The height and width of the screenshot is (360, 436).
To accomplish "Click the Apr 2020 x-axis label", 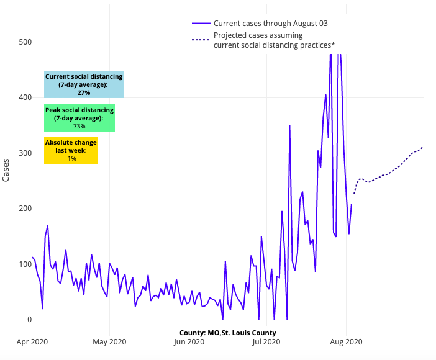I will pyautogui.click(x=32, y=341).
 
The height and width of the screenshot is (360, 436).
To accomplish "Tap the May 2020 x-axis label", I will pyautogui.click(x=109, y=341).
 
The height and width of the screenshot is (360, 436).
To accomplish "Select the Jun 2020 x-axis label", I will pyautogui.click(x=189, y=341).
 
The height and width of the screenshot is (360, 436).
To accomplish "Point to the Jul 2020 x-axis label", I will pyautogui.click(x=266, y=341).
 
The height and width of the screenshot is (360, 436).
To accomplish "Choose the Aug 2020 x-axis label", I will pyautogui.click(x=346, y=341).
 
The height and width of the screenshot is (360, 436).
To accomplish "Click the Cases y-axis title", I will pyautogui.click(x=6, y=168).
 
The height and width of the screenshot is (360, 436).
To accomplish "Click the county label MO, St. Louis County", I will pyautogui.click(x=232, y=333).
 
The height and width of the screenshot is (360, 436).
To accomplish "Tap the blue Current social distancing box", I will pyautogui.click(x=84, y=84).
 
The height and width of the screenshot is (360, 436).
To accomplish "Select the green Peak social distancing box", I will pyautogui.click(x=79, y=118).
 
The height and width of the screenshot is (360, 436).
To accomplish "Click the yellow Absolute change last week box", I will pyautogui.click(x=71, y=150).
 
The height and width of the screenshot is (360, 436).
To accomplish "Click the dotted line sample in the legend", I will pyautogui.click(x=200, y=40).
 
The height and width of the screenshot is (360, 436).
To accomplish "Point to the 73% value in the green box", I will pyautogui.click(x=79, y=126).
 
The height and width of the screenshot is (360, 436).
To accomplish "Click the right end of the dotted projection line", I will pyautogui.click(x=422, y=147).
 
